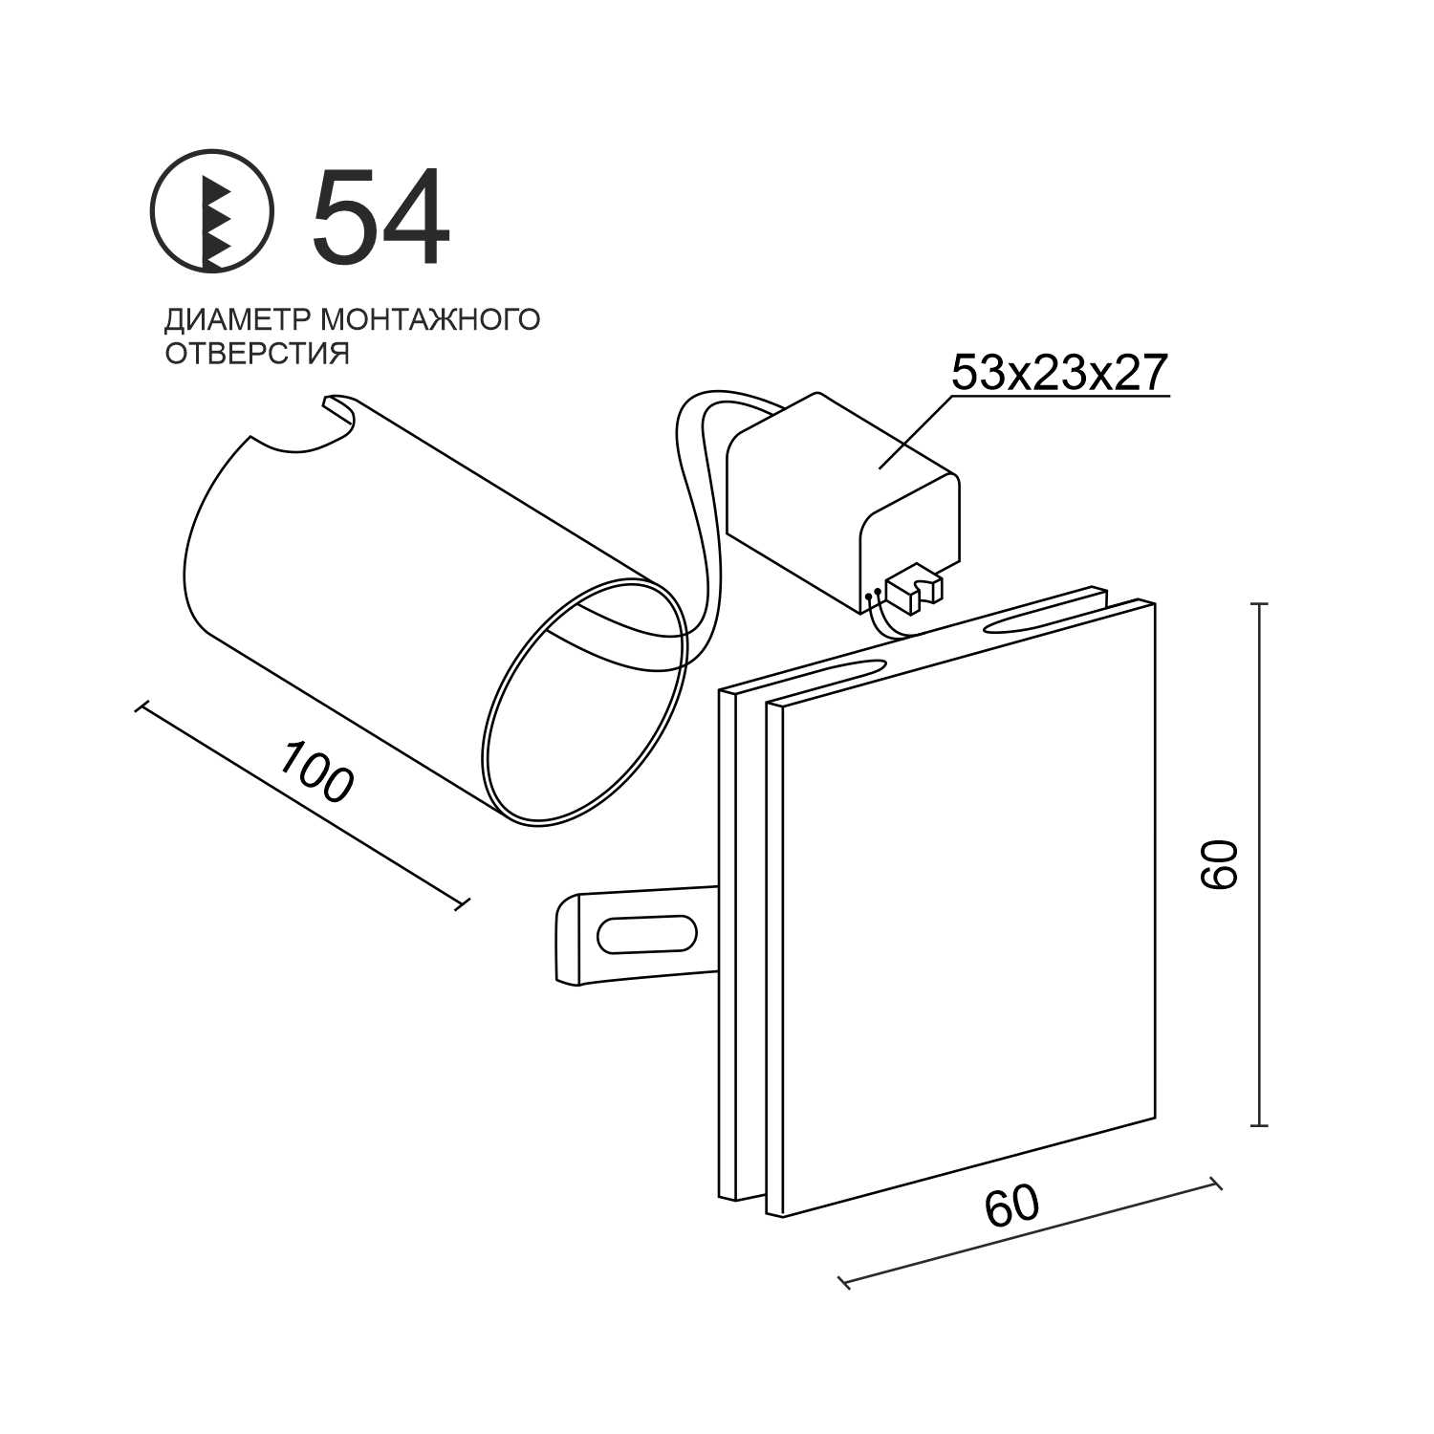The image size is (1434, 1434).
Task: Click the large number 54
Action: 380,216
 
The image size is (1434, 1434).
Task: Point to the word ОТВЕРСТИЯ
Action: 257,353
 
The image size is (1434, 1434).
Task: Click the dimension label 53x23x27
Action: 1060,372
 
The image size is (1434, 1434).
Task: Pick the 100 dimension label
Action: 316,771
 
